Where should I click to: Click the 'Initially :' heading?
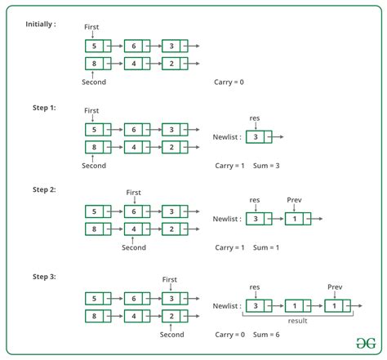[x=41, y=24]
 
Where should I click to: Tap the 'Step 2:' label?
[x=44, y=189]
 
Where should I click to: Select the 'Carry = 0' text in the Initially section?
[x=229, y=82]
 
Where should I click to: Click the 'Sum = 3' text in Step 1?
[x=266, y=166]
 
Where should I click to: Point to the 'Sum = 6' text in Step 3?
[x=266, y=335]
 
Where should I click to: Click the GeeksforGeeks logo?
[x=366, y=343]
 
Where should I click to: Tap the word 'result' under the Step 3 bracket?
[x=297, y=321]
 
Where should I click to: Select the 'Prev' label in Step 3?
[x=335, y=287]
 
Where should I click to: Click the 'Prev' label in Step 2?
[x=294, y=200]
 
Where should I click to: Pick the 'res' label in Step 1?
[x=255, y=118]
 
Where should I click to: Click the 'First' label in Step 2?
[x=134, y=193]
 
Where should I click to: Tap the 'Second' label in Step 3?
[x=171, y=335]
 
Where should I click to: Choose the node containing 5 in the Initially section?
[x=98, y=46]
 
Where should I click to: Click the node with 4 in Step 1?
[x=137, y=147]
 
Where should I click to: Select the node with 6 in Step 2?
[x=137, y=211]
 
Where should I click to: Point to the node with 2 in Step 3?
[x=175, y=316]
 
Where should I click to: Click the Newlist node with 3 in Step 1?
[x=259, y=137]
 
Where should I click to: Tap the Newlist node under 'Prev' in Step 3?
[x=337, y=306]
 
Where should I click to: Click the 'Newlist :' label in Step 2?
[x=227, y=219]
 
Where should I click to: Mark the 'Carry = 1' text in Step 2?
[x=229, y=247]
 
